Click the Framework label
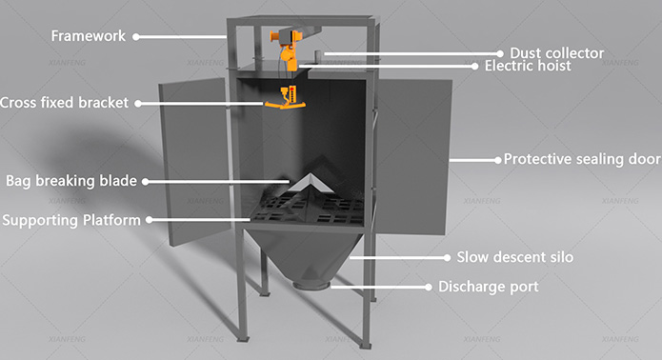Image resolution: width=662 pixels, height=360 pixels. coord(88,36)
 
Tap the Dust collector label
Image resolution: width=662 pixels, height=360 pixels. coord(556,52)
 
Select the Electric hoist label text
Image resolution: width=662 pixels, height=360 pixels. coord(528,67)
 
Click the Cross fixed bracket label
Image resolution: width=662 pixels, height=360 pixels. coord(65,103)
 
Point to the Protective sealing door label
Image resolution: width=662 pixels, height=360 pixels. coord(581,159)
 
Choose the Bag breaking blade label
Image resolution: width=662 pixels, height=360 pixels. coord(71,179)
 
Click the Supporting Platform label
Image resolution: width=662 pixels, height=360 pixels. coord(71,220)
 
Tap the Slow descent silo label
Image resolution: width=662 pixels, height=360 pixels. coord(514,257)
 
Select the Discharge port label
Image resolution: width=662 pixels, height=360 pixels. coord(488,287)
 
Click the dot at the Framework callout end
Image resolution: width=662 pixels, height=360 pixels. coord(135,36)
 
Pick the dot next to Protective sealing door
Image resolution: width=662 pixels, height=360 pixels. coord(496,159)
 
